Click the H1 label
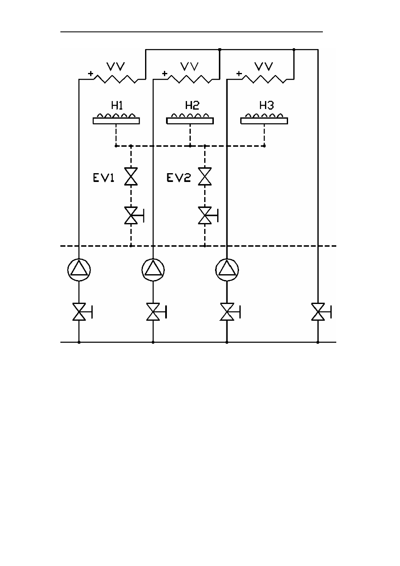(x=117, y=105)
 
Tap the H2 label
(x=192, y=105)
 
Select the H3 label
(x=266, y=105)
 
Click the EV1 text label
(x=104, y=178)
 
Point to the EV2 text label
(x=179, y=178)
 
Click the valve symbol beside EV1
(x=131, y=177)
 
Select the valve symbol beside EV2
(x=205, y=177)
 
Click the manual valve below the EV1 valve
(x=134, y=215)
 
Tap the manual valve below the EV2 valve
(x=208, y=215)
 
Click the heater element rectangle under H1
(x=116, y=121)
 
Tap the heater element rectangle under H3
(x=264, y=121)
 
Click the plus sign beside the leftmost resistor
(x=91, y=73)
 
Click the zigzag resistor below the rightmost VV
(x=264, y=79)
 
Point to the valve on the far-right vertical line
(x=321, y=312)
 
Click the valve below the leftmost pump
(x=82, y=312)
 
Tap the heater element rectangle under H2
(x=190, y=121)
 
